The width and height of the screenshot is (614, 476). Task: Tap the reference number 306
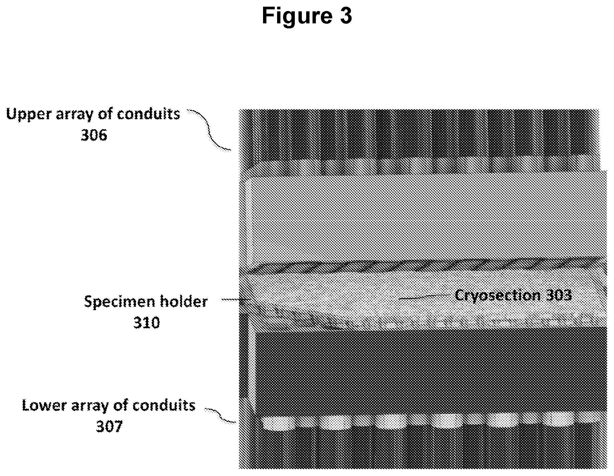(94, 136)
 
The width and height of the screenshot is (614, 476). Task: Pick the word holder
(179, 302)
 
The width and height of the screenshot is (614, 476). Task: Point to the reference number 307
(109, 427)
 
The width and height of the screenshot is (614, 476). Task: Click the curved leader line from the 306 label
(210, 130)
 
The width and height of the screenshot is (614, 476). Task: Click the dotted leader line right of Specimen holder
(232, 300)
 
